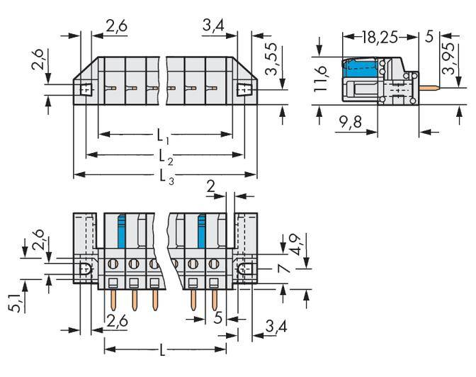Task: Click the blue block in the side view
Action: point(360,69)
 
